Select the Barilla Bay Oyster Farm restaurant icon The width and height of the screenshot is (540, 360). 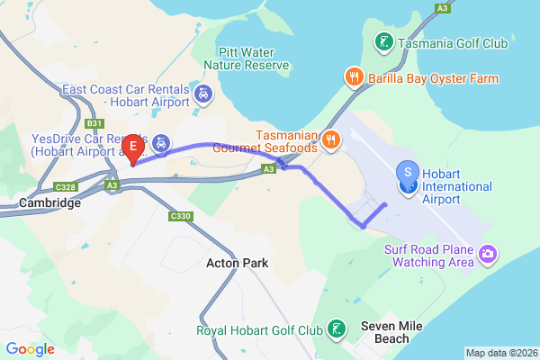[355, 77]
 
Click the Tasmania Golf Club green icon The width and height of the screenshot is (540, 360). [382, 42]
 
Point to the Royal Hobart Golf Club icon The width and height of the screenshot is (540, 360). [335, 328]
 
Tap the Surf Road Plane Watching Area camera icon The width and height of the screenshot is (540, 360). [487, 255]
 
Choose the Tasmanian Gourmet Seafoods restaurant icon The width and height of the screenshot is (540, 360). [331, 139]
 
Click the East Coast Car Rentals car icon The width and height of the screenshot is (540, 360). [203, 92]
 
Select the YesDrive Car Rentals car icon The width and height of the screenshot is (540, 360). [160, 143]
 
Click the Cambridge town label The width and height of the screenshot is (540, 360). [49, 203]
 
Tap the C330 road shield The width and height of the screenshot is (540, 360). [181, 217]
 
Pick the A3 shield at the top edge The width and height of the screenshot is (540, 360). [442, 7]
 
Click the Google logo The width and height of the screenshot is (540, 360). [30, 349]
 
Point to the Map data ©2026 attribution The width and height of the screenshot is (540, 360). [501, 353]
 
